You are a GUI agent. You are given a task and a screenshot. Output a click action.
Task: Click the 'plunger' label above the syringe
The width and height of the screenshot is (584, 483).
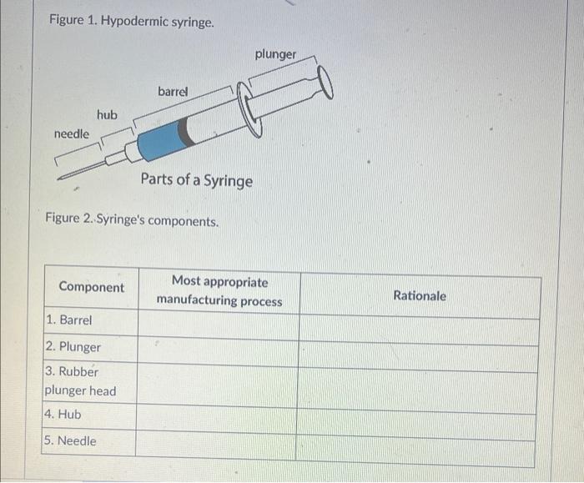[x=275, y=54]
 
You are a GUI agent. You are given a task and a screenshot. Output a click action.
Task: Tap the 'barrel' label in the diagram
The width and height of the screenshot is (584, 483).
[x=173, y=91]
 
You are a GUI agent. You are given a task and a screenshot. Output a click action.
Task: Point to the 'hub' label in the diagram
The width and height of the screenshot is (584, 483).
[x=107, y=114]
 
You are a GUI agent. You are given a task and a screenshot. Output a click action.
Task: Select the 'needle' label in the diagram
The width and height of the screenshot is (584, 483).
[x=71, y=133]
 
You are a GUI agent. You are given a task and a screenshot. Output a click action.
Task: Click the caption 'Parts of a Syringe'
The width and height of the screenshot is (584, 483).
[x=196, y=180]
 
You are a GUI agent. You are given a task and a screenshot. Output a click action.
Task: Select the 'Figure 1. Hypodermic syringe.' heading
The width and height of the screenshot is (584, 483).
[x=131, y=20]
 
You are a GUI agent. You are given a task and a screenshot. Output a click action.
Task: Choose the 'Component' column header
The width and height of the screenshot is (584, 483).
[x=91, y=287]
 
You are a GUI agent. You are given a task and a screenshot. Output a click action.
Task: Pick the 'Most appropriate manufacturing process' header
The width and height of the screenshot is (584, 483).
[x=219, y=291]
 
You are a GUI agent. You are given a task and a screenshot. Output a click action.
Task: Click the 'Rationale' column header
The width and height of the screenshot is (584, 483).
[x=420, y=295]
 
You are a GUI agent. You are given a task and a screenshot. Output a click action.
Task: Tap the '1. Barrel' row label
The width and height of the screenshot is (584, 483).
[x=69, y=320]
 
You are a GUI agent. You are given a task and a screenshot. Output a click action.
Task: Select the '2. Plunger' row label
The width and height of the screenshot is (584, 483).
[x=73, y=347]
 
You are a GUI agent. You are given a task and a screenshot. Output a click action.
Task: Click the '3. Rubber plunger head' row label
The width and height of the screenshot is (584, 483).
[x=80, y=381]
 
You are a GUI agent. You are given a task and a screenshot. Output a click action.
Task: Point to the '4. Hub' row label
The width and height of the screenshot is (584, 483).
[x=64, y=414]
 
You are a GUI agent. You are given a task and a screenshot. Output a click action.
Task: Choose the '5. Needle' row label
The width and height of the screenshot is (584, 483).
[x=72, y=440]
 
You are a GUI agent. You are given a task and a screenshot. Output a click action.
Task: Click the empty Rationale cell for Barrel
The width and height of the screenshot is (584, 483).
[x=420, y=327]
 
